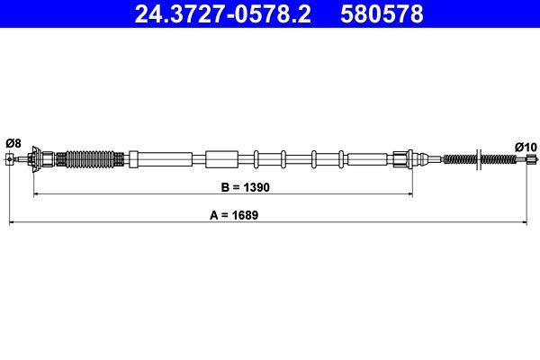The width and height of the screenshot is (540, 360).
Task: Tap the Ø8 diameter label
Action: (13, 143)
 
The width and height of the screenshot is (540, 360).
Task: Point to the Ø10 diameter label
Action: (525, 147)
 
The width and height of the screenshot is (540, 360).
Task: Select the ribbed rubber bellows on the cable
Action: (89, 160)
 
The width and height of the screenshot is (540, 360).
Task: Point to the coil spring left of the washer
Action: (461, 160)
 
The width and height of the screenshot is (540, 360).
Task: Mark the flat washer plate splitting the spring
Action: (476, 160)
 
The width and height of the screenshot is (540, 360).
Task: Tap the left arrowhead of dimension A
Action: (12, 221)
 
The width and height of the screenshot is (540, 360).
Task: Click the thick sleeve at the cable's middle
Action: (220, 160)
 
